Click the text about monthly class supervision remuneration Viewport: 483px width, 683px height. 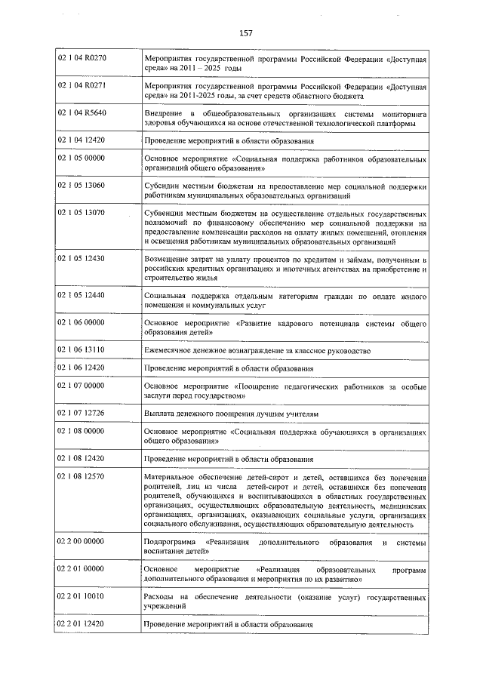click(x=257, y=351)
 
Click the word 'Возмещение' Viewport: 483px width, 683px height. click(x=165, y=259)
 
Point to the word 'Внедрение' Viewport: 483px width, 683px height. click(x=162, y=113)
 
